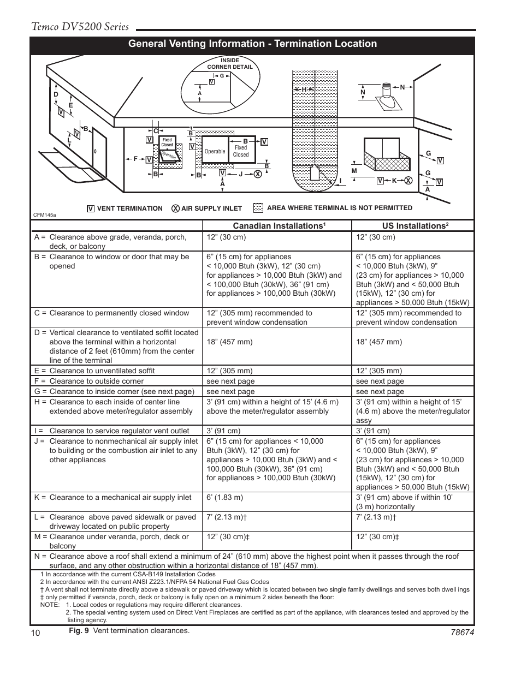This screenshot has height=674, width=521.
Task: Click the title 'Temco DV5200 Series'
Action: [80, 27]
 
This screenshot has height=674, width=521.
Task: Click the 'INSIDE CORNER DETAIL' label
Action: [230, 63]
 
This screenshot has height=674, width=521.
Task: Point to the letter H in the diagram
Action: [304, 89]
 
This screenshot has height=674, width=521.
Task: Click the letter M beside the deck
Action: [354, 171]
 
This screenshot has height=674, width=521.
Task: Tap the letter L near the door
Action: [69, 140]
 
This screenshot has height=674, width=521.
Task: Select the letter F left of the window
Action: [135, 159]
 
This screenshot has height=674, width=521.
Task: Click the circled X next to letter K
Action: [407, 181]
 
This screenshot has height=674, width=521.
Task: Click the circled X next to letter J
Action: [257, 174]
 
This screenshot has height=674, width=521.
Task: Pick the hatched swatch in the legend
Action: [258, 208]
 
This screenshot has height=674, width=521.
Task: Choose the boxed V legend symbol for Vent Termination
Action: [91, 208]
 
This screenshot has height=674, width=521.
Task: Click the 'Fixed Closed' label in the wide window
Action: [241, 151]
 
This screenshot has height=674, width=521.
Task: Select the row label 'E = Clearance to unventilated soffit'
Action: [94, 371]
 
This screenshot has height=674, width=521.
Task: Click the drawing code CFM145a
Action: [45, 215]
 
